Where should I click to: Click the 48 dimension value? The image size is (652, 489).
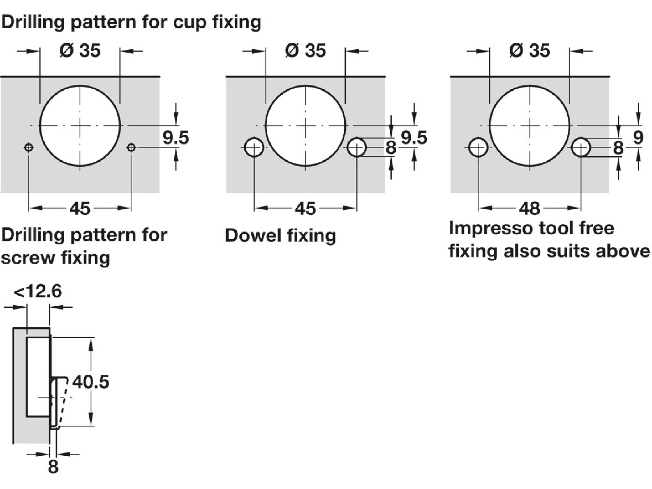pyautogui.click(x=530, y=209)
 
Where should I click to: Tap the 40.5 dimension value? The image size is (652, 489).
pyautogui.click(x=91, y=382)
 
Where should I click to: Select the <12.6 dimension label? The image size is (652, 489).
pyautogui.click(x=38, y=291)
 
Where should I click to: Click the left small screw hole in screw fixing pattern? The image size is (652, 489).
pyautogui.click(x=29, y=147)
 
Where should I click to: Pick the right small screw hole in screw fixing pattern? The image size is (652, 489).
pyautogui.click(x=131, y=147)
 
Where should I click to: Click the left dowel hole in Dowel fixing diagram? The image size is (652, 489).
pyautogui.click(x=254, y=147)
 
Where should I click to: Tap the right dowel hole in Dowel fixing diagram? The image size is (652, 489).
pyautogui.click(x=357, y=147)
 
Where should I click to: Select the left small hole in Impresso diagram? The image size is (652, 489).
pyautogui.click(x=478, y=147)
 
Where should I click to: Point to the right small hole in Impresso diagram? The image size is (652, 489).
pyautogui.click(x=581, y=147)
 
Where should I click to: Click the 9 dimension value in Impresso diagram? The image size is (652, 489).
pyautogui.click(x=638, y=138)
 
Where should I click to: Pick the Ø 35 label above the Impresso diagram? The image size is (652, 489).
pyautogui.click(x=530, y=50)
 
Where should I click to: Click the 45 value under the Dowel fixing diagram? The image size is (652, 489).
pyautogui.click(x=305, y=209)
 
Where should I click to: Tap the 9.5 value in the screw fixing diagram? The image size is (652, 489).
pyautogui.click(x=176, y=138)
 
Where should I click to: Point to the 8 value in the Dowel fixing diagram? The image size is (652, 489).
pyautogui.click(x=390, y=148)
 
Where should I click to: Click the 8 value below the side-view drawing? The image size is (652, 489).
pyautogui.click(x=53, y=467)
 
